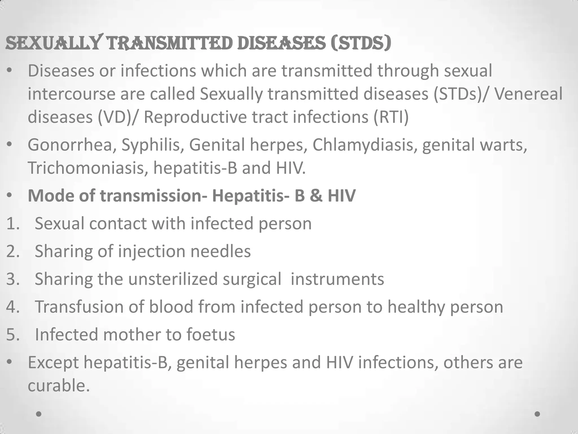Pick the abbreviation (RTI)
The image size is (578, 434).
click(x=391, y=117)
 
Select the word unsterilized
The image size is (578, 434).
click(x=173, y=279)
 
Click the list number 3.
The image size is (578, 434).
click(x=12, y=279)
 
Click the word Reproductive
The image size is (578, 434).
click(x=195, y=117)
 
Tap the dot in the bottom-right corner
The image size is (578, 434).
click(x=537, y=414)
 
